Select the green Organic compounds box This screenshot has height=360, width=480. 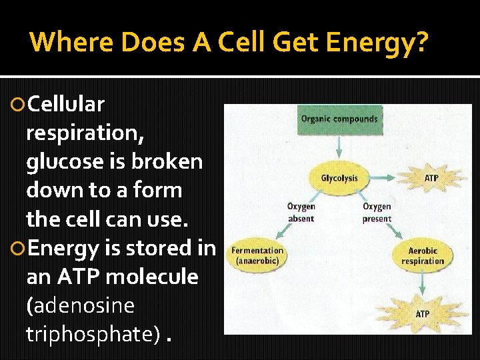(339, 119)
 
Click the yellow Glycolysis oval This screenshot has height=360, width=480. (339, 178)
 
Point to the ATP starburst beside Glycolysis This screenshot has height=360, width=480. (431, 178)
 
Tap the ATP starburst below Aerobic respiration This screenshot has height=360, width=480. (422, 313)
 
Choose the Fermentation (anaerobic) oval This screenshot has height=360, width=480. (257, 255)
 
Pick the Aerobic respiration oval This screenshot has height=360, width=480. (422, 255)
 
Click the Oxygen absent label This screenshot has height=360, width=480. (301, 213)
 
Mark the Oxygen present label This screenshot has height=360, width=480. (377, 213)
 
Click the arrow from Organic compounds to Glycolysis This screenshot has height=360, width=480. (339, 147)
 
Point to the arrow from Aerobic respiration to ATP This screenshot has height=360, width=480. (422, 285)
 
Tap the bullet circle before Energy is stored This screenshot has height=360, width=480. (18, 249)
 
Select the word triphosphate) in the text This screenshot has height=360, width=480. (93, 334)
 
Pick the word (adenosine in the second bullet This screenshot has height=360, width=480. (80, 305)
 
